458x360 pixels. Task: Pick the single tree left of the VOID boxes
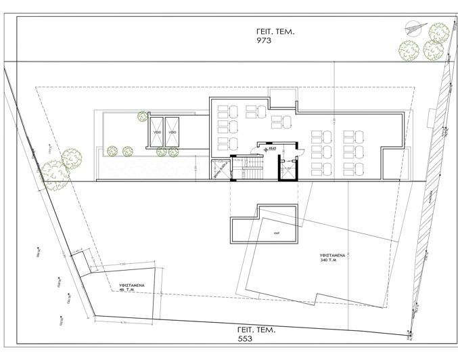click(143, 116)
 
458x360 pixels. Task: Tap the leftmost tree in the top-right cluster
click(407, 49)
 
